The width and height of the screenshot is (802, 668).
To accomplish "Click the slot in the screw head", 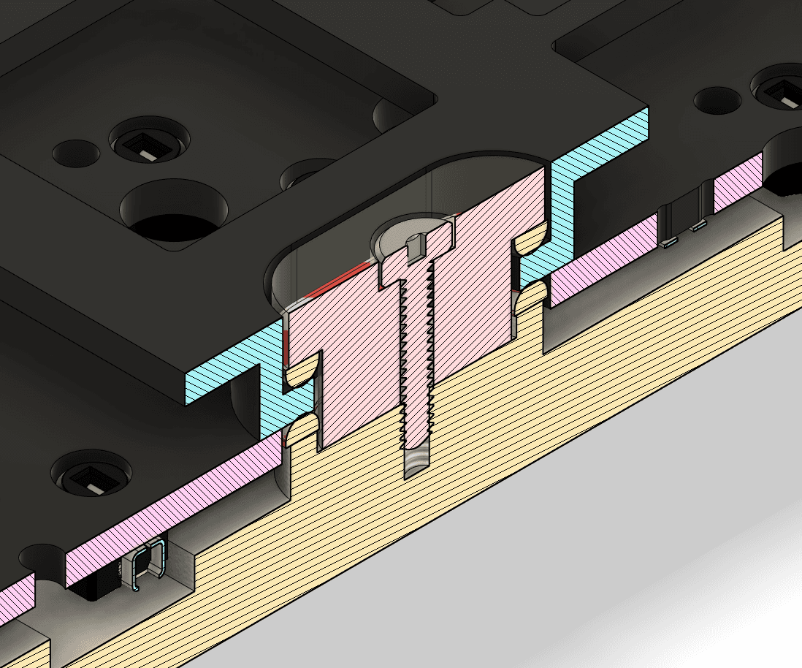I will [413, 248].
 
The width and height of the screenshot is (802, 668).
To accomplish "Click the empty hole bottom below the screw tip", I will [417, 463].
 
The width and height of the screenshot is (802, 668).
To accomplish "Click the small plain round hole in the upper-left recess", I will [76, 152].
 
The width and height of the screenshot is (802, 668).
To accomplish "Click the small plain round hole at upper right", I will [717, 100].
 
